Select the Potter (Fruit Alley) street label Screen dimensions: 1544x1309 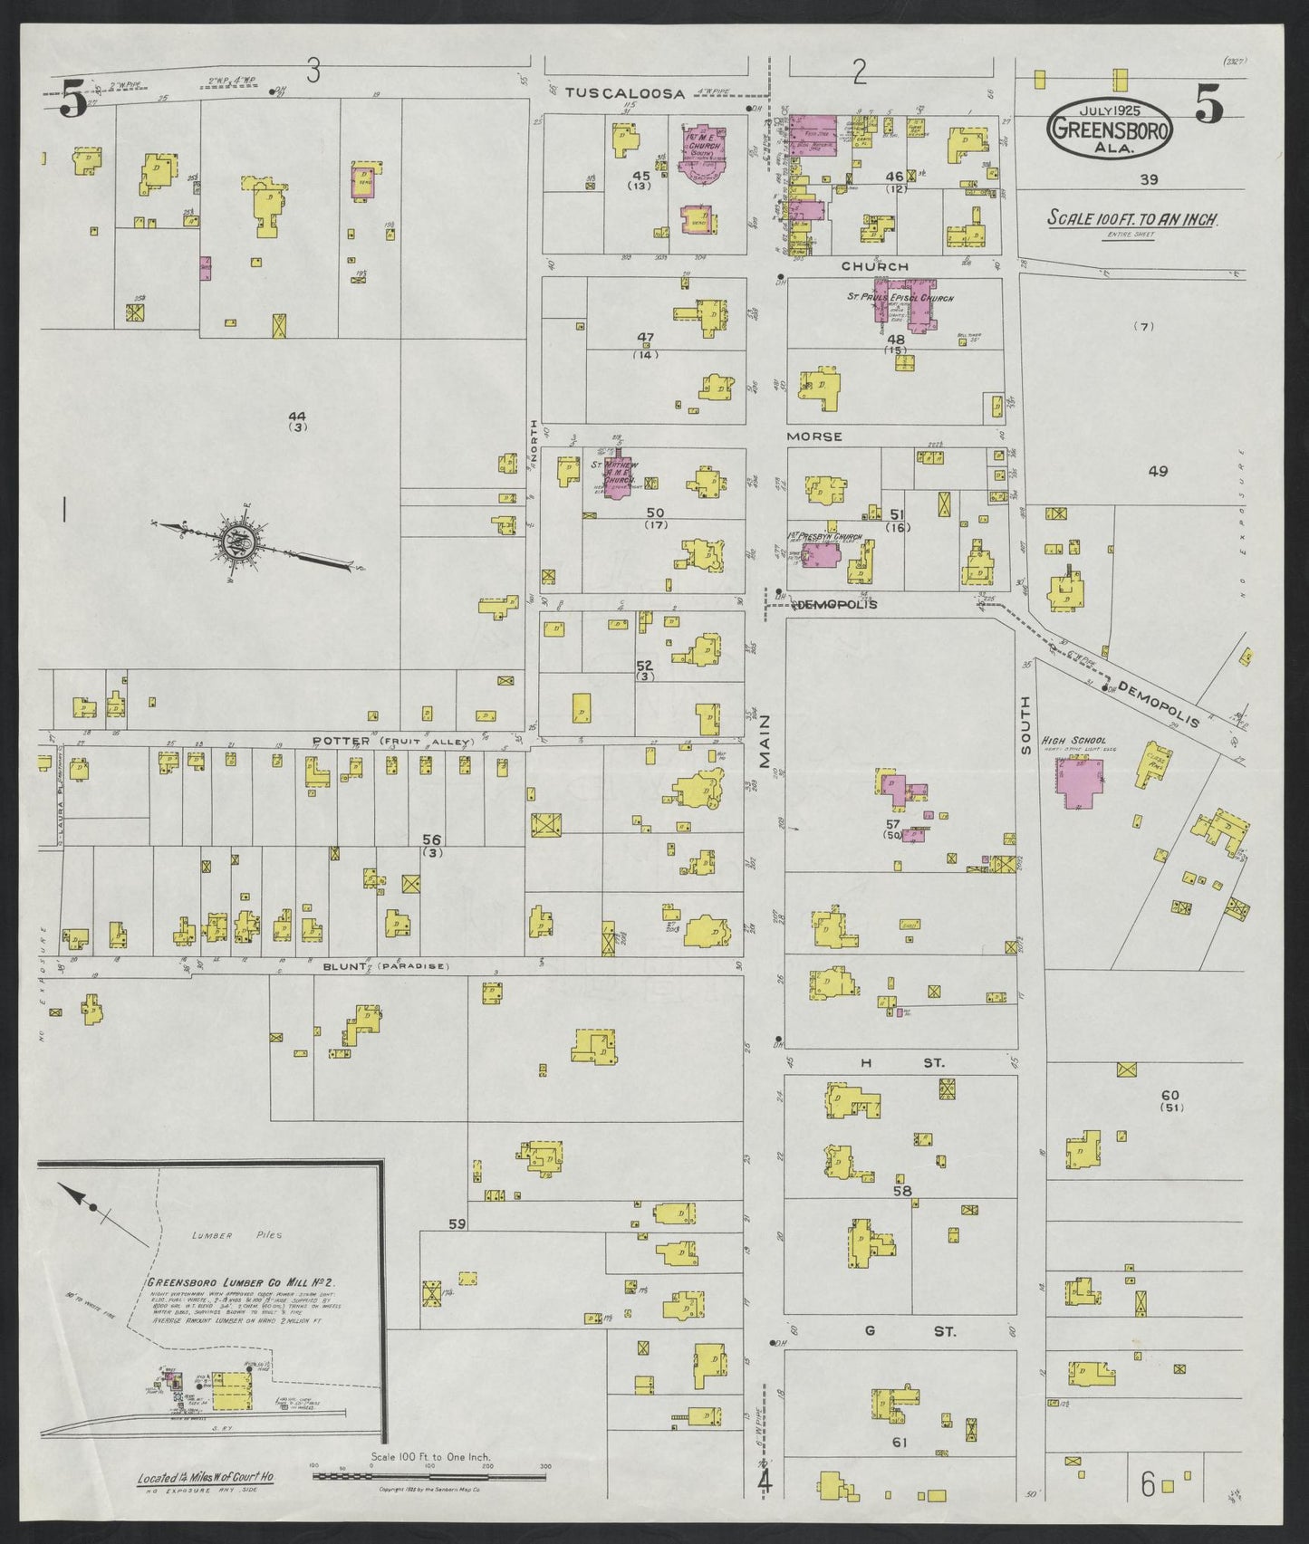point(392,742)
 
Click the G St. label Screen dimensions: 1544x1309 point(906,1331)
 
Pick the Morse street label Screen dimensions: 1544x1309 point(813,436)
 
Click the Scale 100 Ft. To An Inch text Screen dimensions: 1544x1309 point(1132,218)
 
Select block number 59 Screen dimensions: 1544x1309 point(457,1224)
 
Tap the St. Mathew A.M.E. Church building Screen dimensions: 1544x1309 point(621,486)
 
